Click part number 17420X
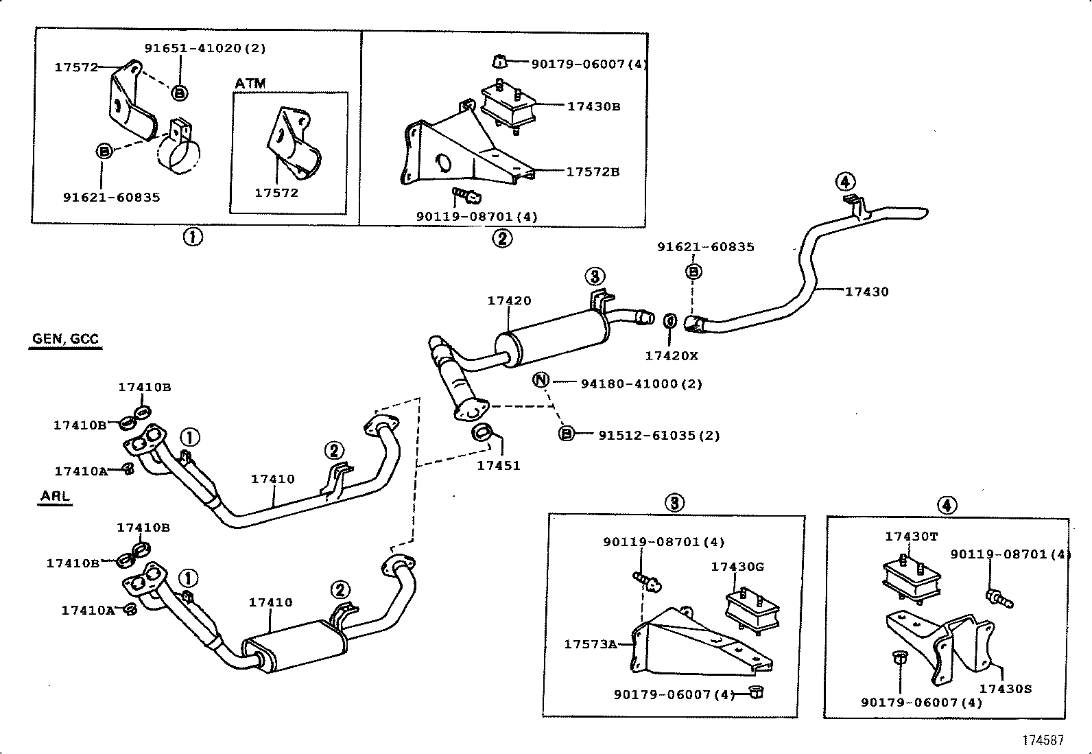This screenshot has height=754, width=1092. click(671, 356)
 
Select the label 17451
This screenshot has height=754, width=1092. click(499, 466)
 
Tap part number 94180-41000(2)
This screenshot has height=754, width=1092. click(641, 384)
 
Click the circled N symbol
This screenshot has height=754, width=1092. click(542, 380)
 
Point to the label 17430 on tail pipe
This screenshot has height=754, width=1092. click(866, 292)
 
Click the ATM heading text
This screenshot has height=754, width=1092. click(250, 84)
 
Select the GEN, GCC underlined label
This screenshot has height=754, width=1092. click(65, 339)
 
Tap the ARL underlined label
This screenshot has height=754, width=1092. click(55, 496)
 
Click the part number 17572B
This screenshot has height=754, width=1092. click(593, 172)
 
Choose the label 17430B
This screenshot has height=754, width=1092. click(593, 106)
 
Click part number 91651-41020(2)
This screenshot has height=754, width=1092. click(205, 48)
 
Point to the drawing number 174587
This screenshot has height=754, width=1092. click(1043, 740)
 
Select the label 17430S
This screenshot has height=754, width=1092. click(1005, 688)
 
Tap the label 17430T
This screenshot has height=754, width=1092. click(911, 537)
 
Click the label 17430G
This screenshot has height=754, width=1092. click(737, 567)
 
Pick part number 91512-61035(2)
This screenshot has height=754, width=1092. click(659, 436)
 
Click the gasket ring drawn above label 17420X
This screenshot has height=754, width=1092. click(670, 320)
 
